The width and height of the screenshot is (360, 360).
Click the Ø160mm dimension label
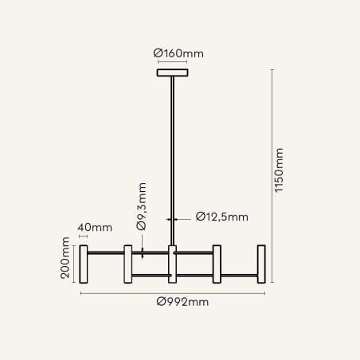point(178,53)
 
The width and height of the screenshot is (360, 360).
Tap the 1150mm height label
point(279,170)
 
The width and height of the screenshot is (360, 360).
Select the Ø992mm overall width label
point(182,302)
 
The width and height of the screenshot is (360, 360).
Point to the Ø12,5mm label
point(222,217)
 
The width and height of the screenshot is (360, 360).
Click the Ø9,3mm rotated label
point(141,206)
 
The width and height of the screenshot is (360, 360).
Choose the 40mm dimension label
point(95,228)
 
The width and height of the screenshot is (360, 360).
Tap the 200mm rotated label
point(65,258)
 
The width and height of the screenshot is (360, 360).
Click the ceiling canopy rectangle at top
point(173,72)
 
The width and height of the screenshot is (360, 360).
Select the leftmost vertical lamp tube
point(84,264)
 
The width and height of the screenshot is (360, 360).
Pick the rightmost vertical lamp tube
point(261,264)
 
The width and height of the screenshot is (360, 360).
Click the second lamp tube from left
point(128,264)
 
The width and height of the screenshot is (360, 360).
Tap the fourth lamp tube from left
point(217,264)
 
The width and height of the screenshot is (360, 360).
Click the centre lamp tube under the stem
point(173,264)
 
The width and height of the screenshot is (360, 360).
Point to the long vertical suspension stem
point(173,161)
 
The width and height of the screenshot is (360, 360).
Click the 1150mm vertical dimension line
point(272,176)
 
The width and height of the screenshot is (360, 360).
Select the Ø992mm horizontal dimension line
point(173,293)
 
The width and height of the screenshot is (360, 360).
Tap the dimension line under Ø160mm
point(173,62)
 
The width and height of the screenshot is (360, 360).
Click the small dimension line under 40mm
point(83,236)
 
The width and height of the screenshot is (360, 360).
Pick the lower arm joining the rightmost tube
point(239,276)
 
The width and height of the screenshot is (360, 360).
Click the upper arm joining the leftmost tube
point(106,252)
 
